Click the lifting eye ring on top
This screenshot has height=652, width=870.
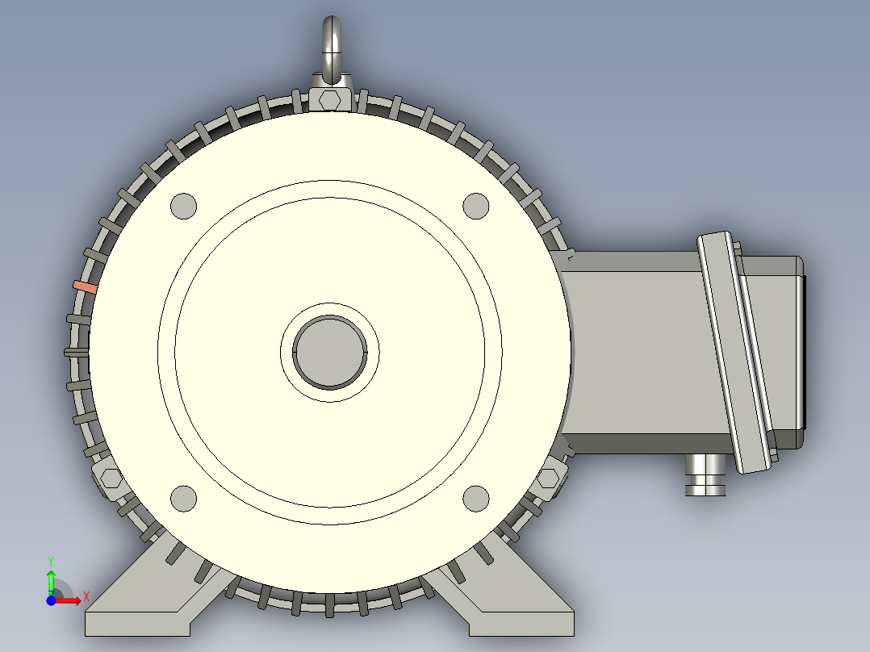[330, 44]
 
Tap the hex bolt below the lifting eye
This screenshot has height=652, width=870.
[330, 100]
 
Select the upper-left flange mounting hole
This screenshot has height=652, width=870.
[184, 205]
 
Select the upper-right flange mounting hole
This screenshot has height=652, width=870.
[476, 205]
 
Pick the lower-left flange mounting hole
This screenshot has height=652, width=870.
[184, 499]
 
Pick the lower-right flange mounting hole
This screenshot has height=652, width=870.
[476, 499]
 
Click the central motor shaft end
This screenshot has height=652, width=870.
[329, 352]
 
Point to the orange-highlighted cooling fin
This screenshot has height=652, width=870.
[85, 286]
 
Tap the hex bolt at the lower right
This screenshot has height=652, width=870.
[548, 479]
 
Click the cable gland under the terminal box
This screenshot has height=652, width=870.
[706, 474]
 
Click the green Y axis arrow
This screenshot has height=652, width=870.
[51, 579]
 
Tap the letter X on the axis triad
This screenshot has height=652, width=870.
[86, 596]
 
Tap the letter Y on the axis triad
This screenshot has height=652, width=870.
[51, 560]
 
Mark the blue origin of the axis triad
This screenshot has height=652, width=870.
[51, 600]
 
